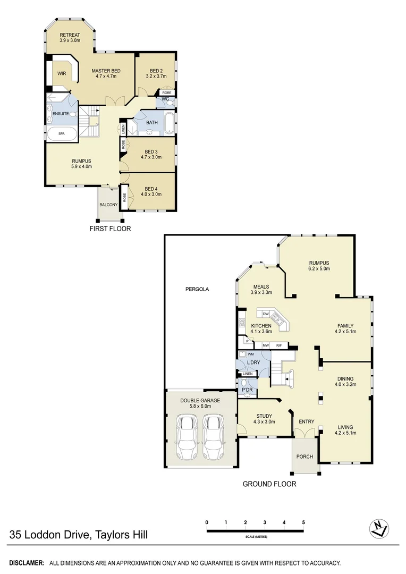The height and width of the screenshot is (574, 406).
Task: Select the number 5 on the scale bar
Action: (303, 522)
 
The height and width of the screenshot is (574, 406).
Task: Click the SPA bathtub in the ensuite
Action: (61, 134)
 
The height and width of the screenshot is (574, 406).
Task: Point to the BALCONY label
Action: (108, 204)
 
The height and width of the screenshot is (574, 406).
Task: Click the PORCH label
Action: (304, 457)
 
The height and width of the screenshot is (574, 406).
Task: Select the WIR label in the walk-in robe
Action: (62, 74)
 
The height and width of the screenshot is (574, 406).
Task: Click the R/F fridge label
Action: (278, 345)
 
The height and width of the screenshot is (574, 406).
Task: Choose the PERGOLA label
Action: (197, 290)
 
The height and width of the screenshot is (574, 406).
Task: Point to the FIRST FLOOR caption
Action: (110, 229)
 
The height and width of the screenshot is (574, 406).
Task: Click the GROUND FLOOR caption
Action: (269, 484)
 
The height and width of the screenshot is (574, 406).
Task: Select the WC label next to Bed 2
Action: (165, 99)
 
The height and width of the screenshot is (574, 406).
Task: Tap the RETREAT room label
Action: (69, 36)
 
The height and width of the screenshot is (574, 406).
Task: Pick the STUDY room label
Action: (264, 416)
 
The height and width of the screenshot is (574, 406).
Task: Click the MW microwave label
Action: (265, 345)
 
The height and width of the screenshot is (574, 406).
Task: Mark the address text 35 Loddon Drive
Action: (50, 535)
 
